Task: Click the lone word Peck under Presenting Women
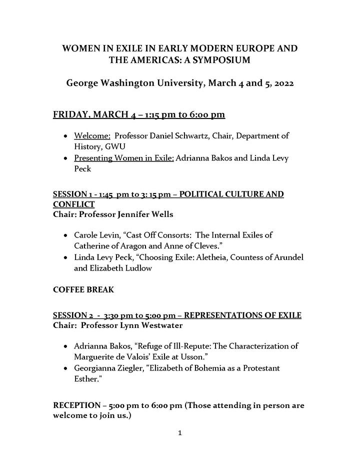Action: [82, 169]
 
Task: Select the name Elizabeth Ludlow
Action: [125, 267]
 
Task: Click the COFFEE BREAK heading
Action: [84, 290]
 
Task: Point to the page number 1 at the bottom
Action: [179, 433]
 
